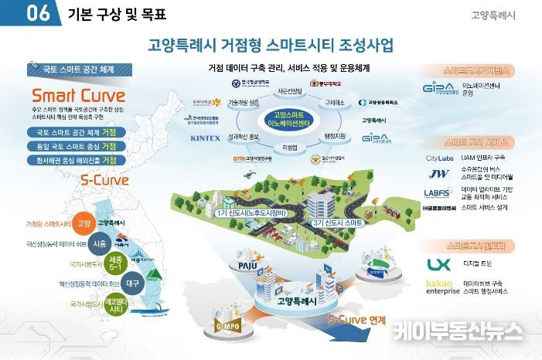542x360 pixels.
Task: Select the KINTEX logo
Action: (205, 138)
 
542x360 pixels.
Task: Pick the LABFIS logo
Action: (439, 193)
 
